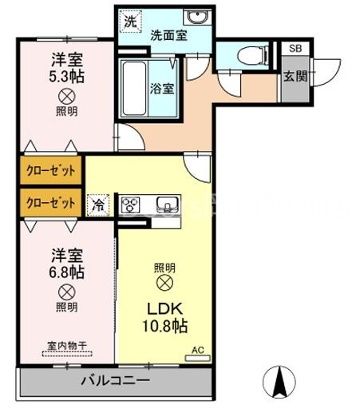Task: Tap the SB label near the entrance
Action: coord(295,50)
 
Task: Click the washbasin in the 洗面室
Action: coord(194,18)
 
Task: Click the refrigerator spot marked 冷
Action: coord(97,204)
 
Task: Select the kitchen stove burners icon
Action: coord(131,204)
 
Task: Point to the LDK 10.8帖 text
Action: coord(166,317)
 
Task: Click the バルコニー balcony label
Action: coord(115,380)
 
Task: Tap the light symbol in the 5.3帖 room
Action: coord(67,97)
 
